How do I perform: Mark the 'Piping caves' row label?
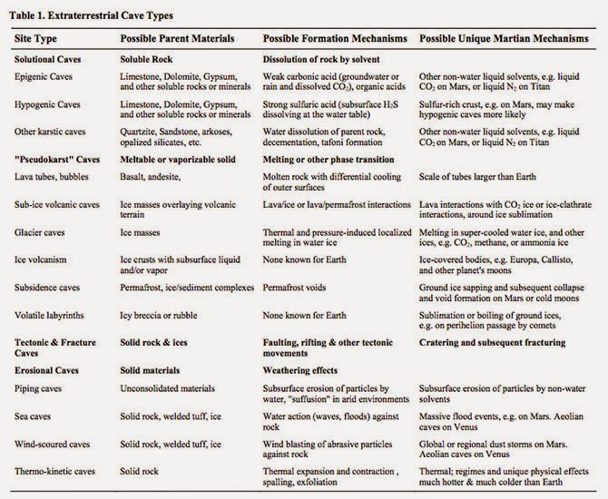[x=42, y=386]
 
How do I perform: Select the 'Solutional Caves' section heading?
[x=49, y=61]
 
